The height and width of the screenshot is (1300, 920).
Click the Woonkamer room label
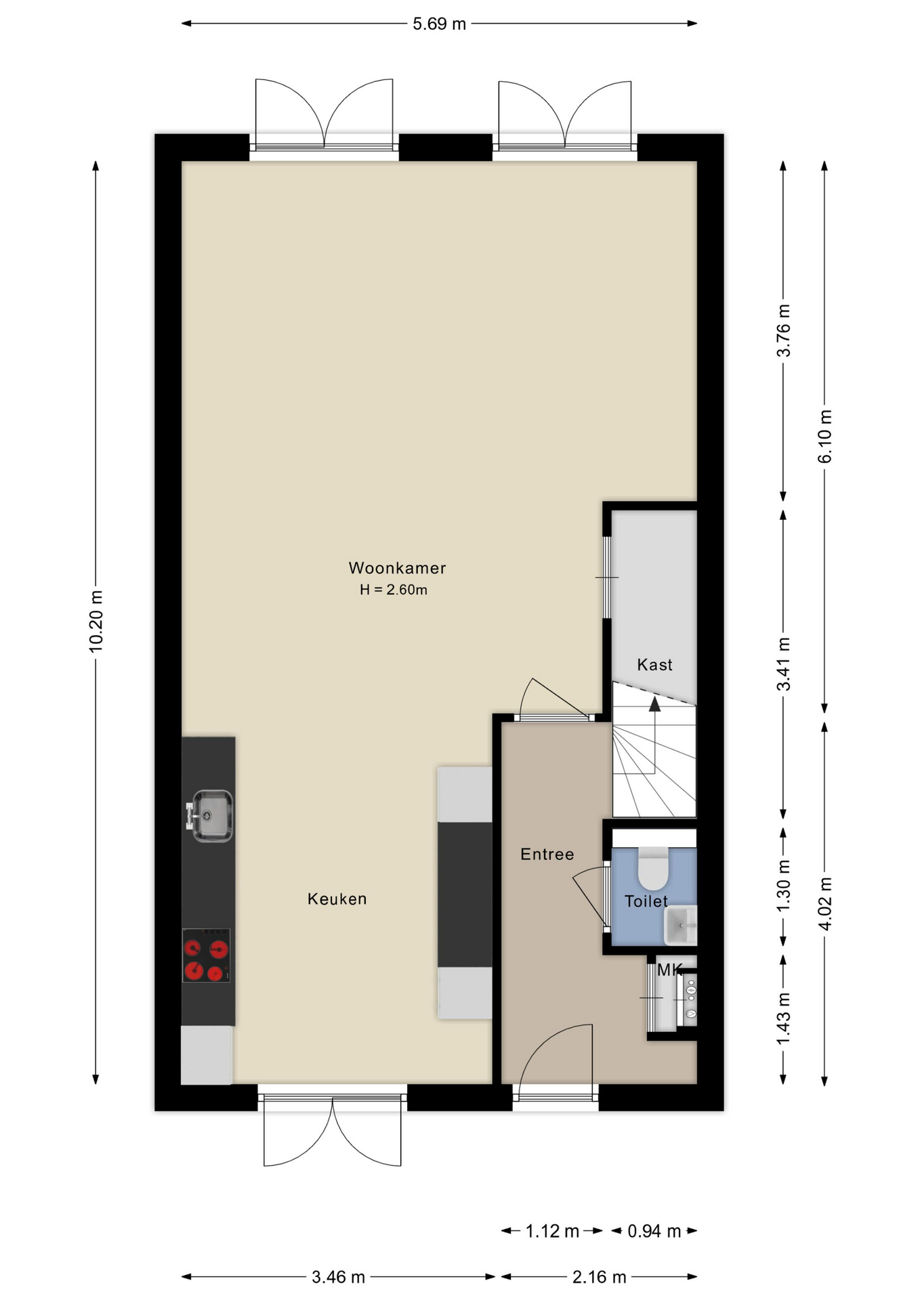(x=397, y=568)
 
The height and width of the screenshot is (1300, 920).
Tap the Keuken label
(x=337, y=899)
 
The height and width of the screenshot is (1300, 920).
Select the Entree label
(x=547, y=854)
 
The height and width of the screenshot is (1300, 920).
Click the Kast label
(x=654, y=665)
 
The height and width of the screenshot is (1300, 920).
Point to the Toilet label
(x=646, y=901)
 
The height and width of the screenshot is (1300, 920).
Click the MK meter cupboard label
(x=669, y=970)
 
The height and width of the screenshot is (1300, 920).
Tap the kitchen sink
(x=211, y=816)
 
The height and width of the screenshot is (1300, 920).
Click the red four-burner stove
(x=207, y=955)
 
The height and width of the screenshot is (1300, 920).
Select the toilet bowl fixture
(x=654, y=868)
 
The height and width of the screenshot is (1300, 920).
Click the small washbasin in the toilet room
(x=680, y=926)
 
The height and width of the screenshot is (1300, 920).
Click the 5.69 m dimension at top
(x=440, y=24)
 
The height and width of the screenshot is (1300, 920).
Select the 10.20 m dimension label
(x=96, y=622)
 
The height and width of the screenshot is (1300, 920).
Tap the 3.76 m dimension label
(x=783, y=330)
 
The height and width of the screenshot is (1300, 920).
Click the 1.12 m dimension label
(x=552, y=1231)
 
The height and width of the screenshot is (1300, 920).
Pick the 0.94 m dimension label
(x=654, y=1231)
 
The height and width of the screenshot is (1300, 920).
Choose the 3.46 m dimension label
(x=338, y=1277)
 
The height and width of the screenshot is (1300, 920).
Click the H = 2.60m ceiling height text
(x=394, y=590)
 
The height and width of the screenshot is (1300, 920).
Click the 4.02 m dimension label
(x=825, y=904)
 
